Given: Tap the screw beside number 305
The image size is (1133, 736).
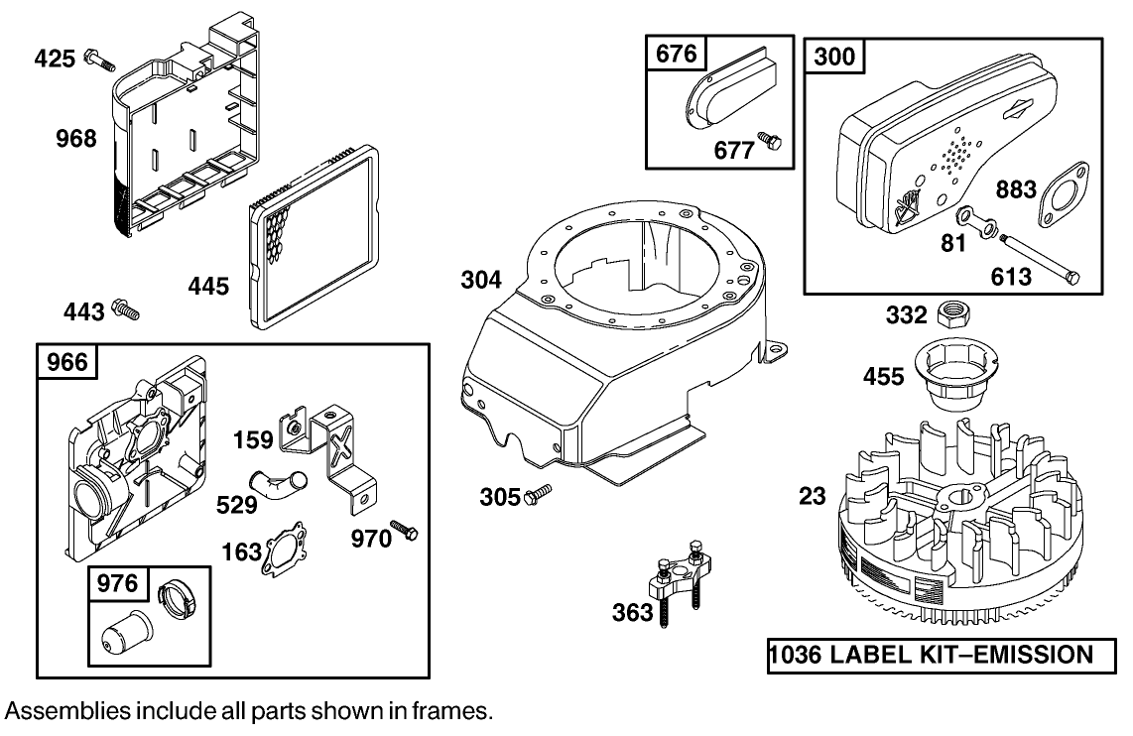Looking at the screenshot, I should pyautogui.click(x=539, y=493).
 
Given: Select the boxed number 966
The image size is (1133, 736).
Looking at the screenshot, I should pyautogui.click(x=67, y=362).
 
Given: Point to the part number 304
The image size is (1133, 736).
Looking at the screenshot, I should pyautogui.click(x=481, y=281).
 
